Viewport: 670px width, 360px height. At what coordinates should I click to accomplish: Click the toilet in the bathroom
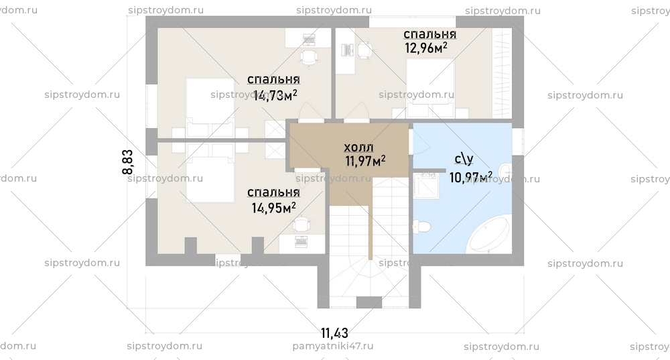click(x=421, y=227)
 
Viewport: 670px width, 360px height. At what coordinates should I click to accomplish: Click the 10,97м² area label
click(x=471, y=177)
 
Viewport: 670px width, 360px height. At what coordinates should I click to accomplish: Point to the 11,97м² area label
click(x=365, y=161)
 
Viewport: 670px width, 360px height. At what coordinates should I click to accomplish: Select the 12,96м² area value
click(x=425, y=48)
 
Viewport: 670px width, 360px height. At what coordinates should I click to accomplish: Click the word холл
click(x=358, y=147)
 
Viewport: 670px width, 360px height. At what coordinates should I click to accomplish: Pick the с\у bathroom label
click(x=464, y=160)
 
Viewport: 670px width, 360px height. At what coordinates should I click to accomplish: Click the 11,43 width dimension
click(x=334, y=332)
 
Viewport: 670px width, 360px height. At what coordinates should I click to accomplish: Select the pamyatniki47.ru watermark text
click(x=333, y=347)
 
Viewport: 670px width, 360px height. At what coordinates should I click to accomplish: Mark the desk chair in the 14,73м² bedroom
click(x=308, y=58)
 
